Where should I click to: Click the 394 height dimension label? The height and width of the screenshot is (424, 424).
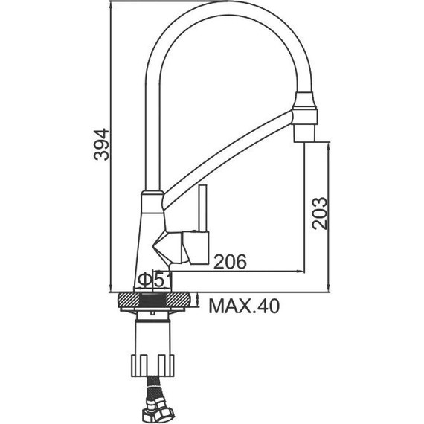[101, 144]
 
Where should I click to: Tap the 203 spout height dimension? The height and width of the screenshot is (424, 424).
[319, 213]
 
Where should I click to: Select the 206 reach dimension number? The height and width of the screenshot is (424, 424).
[230, 262]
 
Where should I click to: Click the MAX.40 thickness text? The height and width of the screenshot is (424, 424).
[244, 306]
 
